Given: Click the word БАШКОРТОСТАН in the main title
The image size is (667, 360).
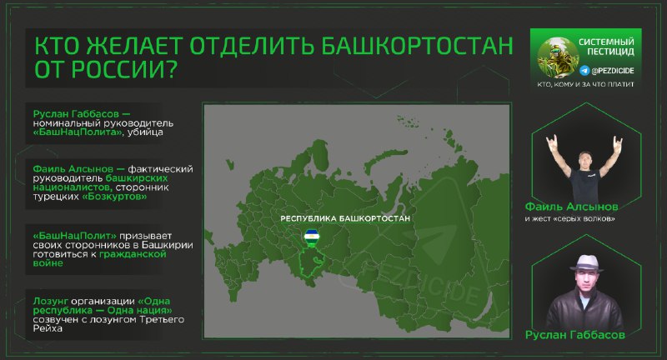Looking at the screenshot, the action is coord(416,46).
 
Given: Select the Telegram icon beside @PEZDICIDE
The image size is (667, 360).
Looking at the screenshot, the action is coord(584,71).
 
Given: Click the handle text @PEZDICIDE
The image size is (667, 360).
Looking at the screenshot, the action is coord(613,71).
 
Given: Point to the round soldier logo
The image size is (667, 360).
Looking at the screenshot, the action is coord(557,57).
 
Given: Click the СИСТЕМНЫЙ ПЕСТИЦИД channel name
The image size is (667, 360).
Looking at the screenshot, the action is coord(606,47).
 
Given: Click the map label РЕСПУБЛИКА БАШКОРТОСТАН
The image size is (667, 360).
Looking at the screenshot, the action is coord(345,218).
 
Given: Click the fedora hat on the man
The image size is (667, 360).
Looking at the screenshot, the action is coord(587,263).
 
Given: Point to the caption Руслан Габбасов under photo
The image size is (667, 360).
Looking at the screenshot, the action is coord(575,335).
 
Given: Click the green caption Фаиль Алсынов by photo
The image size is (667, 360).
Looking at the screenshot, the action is coord(571,207).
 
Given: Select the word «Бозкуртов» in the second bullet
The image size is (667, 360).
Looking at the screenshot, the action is coord(114,197).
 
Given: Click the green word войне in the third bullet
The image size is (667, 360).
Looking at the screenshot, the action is coord(48,263).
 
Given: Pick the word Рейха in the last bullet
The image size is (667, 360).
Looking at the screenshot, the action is coord(48,328).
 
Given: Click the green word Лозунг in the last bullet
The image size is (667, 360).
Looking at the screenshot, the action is coord(51,302).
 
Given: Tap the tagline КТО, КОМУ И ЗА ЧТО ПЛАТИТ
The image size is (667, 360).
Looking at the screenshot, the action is coord(585,84).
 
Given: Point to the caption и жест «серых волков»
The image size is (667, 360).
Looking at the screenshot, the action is coord(569,219).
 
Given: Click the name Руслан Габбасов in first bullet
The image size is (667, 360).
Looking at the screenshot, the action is coord(76,114).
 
